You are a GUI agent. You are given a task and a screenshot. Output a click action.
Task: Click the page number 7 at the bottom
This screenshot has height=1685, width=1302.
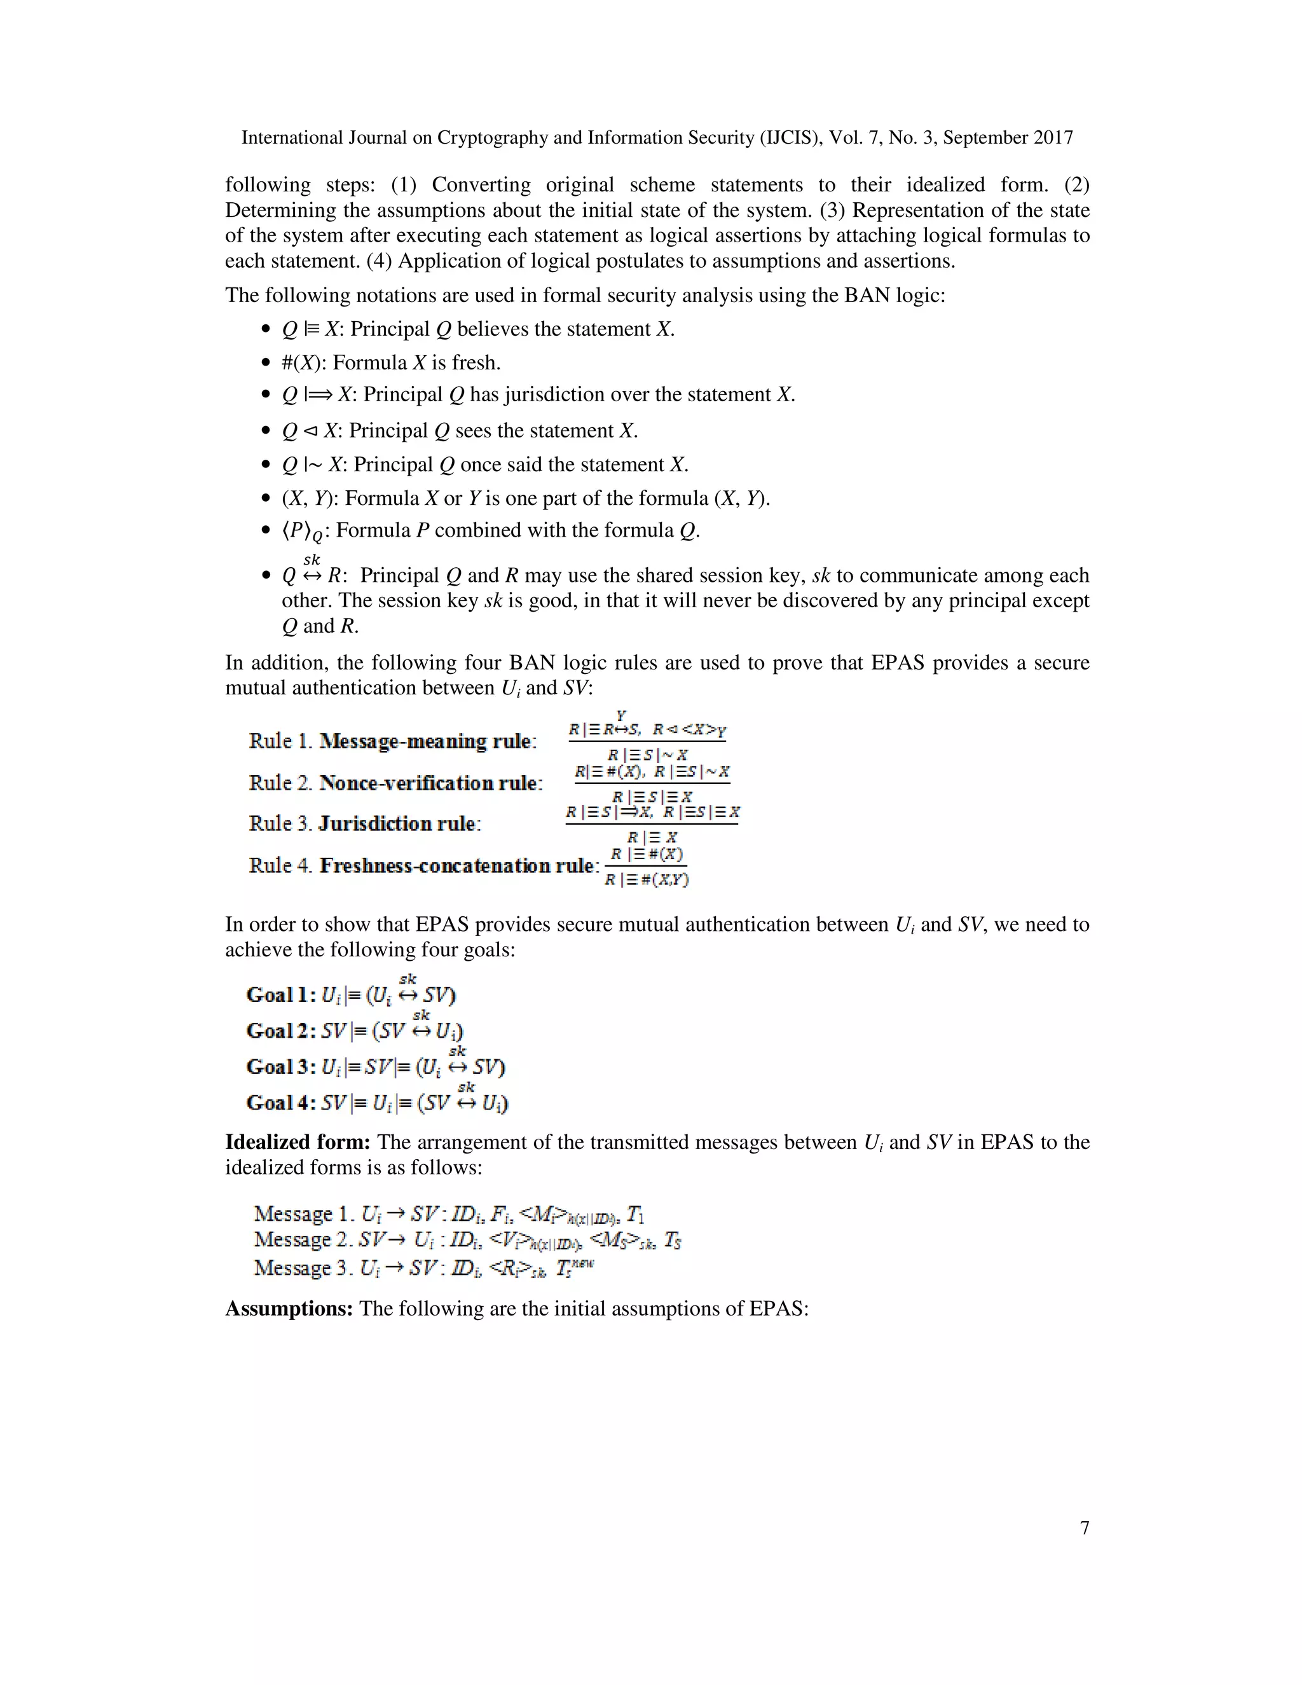(x=1085, y=1527)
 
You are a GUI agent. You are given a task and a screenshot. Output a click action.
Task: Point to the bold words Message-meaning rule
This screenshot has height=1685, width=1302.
(x=426, y=741)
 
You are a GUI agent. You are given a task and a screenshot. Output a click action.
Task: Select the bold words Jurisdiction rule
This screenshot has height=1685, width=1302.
(x=397, y=824)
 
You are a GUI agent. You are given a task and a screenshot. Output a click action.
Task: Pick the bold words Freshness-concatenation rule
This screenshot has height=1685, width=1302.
(x=457, y=865)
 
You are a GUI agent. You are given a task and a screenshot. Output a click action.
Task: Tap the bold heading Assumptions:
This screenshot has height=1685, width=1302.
(x=289, y=1309)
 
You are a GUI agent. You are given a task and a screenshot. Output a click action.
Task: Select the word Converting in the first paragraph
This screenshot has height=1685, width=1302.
(x=481, y=185)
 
